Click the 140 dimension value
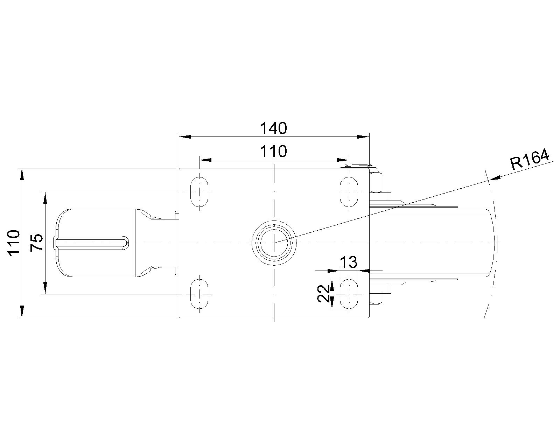(273, 128)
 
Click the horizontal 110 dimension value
(273, 151)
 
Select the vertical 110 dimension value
(14, 243)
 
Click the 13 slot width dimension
(349, 262)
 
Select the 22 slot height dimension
(323, 293)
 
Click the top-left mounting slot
(199, 192)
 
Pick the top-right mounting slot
(349, 192)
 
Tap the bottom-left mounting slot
(199, 294)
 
